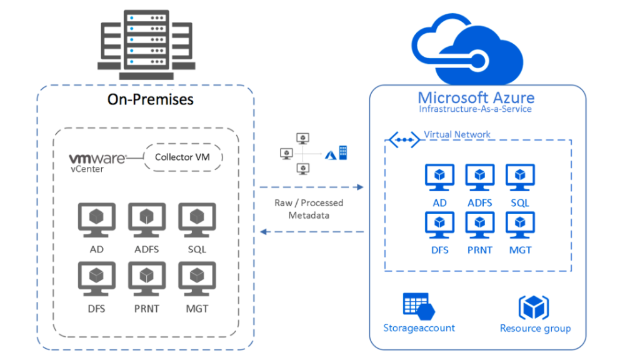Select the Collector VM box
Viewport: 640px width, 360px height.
[x=182, y=157]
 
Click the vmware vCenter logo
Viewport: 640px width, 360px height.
[x=97, y=162]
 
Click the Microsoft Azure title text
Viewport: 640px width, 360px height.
[x=476, y=97]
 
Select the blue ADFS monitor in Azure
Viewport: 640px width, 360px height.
[x=479, y=178]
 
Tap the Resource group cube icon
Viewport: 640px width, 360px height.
[x=534, y=307]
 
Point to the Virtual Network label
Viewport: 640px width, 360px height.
[x=457, y=134]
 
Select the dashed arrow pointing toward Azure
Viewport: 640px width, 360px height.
[x=312, y=187]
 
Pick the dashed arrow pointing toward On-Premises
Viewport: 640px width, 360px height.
[x=312, y=232]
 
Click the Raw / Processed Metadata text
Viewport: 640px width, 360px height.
[x=309, y=209]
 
